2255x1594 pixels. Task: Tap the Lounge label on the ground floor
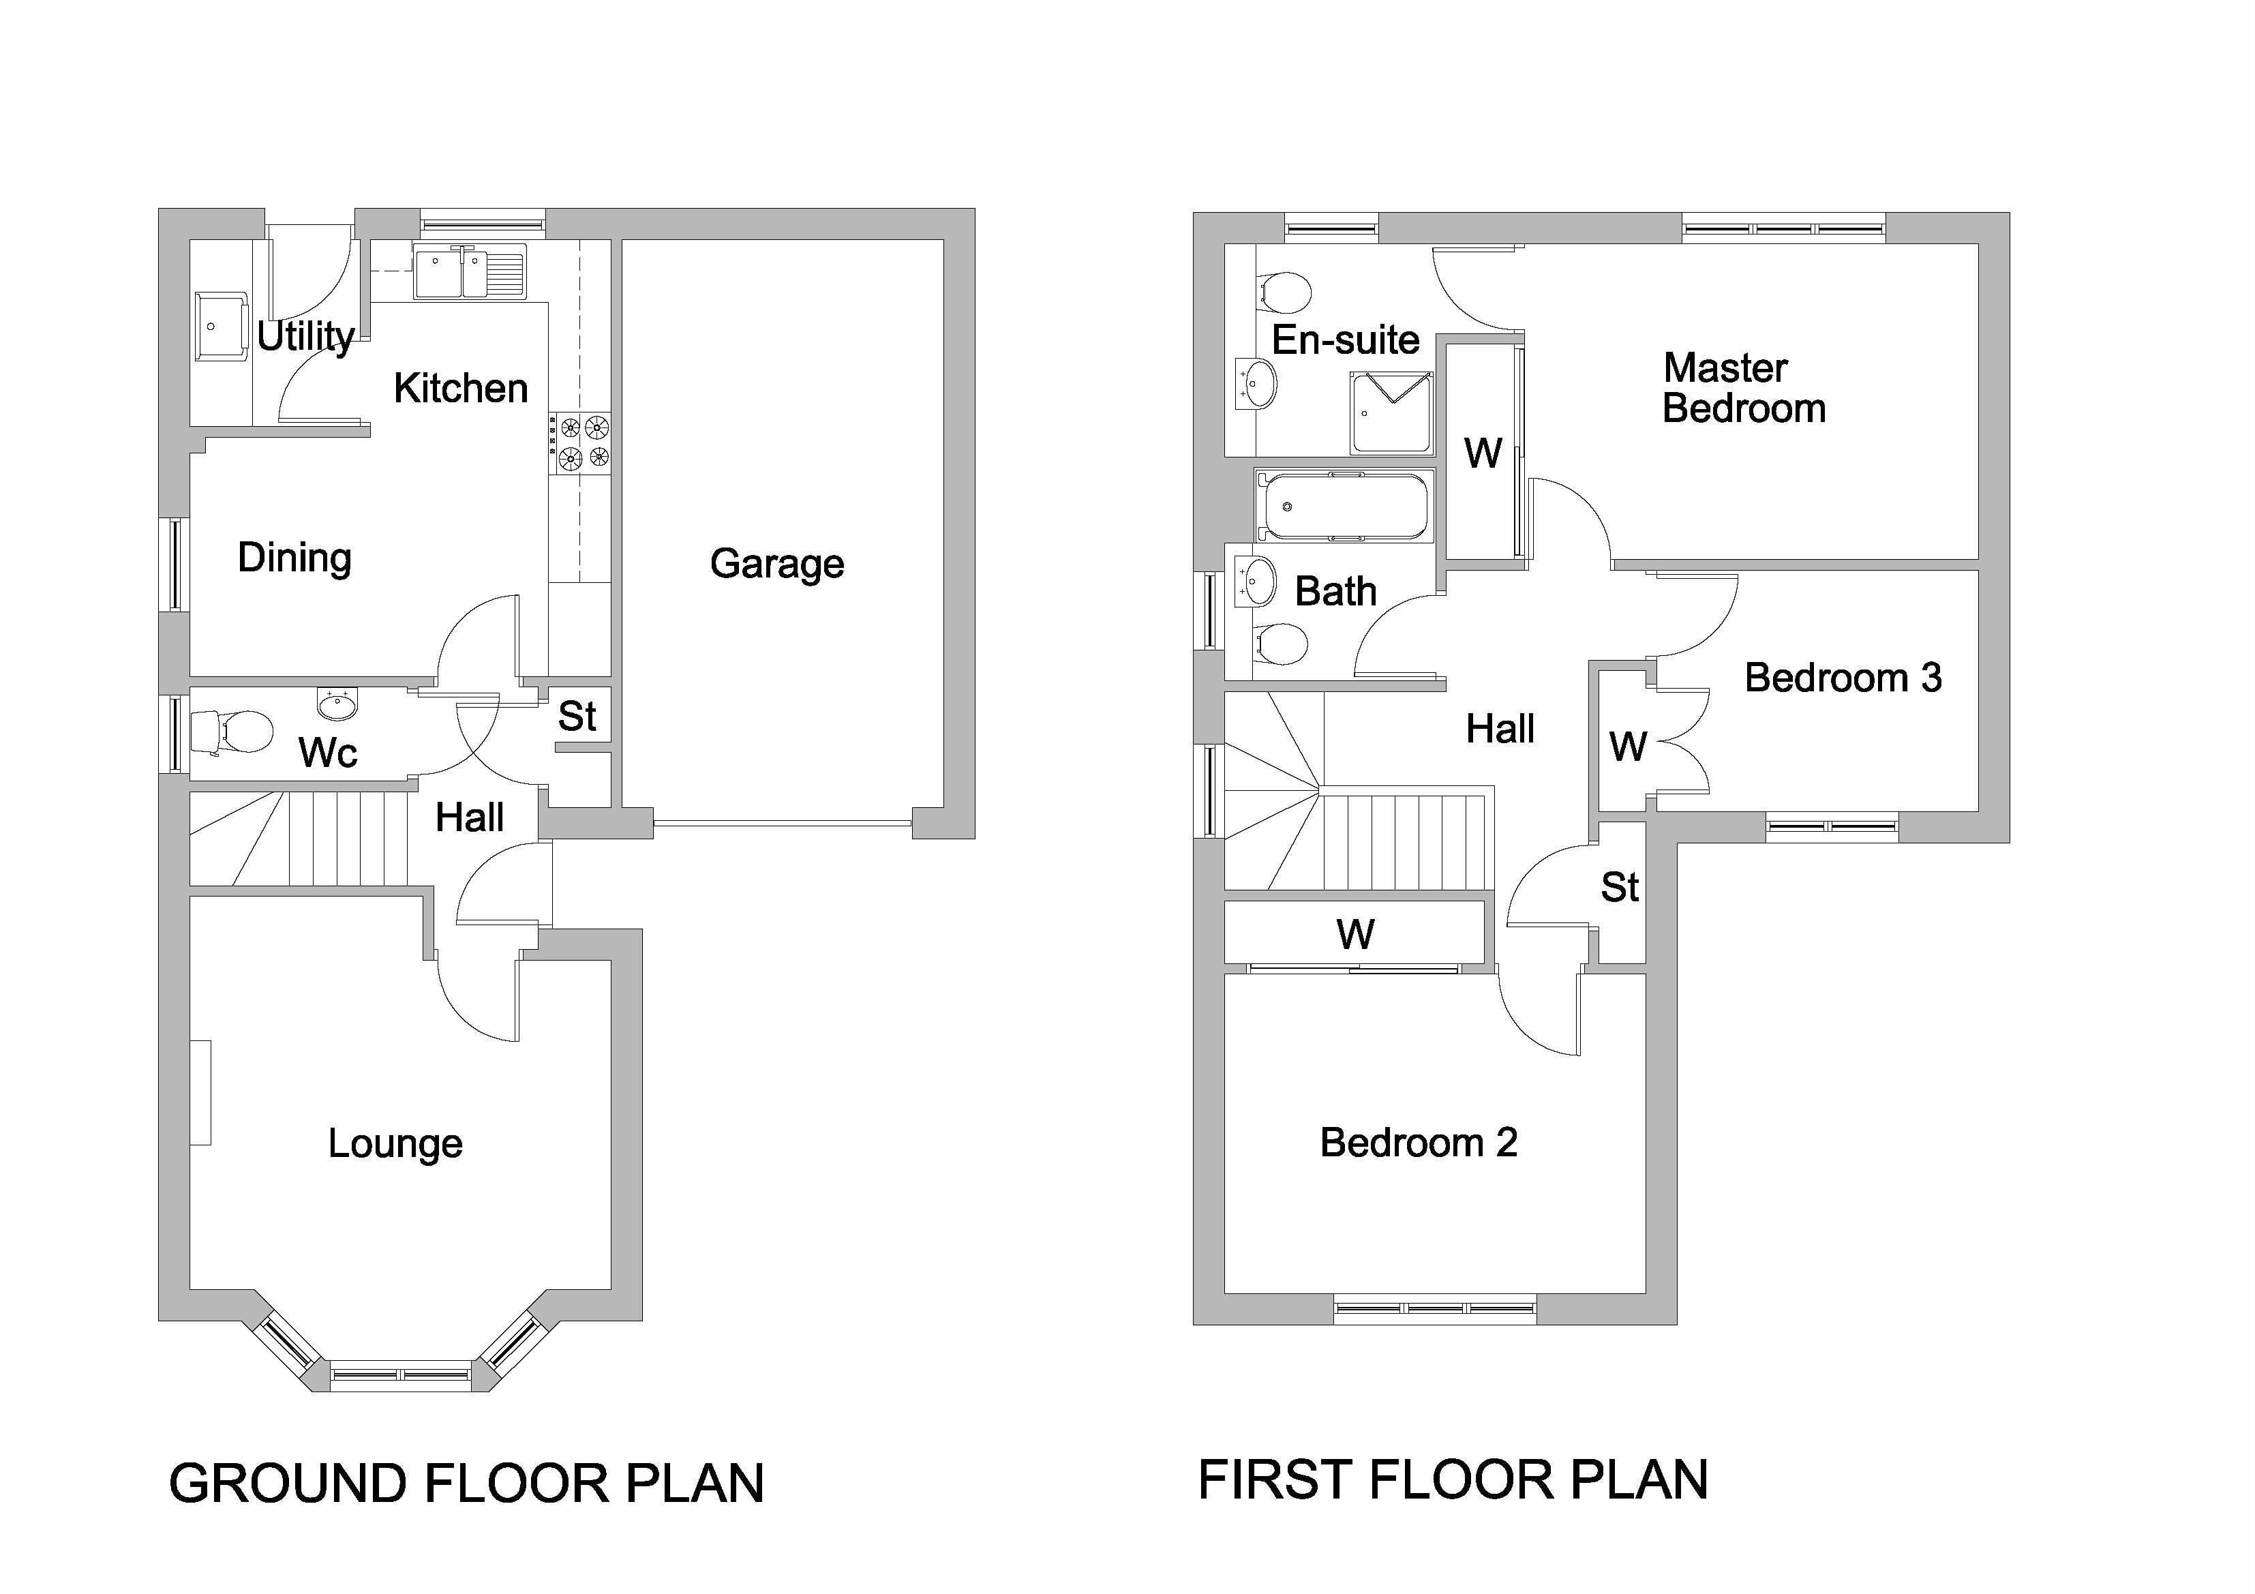coord(395,1143)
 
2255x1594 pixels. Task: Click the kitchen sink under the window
coord(470,271)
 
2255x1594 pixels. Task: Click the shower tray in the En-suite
coord(1391,412)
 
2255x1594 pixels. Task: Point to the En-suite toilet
coord(1285,290)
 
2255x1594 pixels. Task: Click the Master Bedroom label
coord(1743,388)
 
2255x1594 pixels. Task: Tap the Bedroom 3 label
coord(1843,678)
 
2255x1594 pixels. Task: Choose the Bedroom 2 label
coord(1418,1142)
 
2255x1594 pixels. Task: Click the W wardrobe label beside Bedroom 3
coord(1627,747)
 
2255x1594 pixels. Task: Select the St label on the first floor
coord(1620,888)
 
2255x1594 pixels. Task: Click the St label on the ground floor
coord(577,717)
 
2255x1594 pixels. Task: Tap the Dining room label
coord(294,558)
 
